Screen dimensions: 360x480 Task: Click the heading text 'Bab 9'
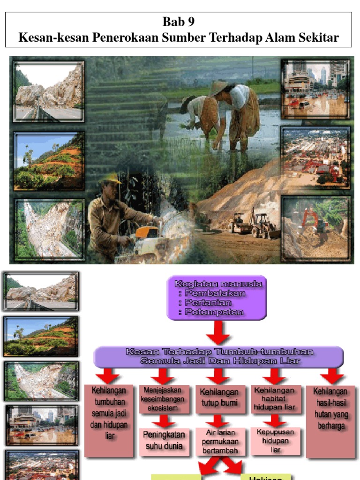[178, 22]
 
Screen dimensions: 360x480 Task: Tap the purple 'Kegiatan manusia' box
[217, 298]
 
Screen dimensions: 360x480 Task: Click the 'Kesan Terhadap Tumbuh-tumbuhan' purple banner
[218, 356]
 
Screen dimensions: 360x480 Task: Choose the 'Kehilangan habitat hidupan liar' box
[275, 398]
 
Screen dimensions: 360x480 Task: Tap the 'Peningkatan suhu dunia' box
[164, 440]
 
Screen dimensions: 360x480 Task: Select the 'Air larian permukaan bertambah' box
[219, 441]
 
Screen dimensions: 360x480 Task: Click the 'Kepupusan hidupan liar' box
[275, 440]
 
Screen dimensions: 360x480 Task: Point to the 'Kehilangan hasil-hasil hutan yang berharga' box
[330, 408]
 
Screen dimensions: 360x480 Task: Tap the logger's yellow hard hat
[111, 178]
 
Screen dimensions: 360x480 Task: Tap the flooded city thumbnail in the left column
[41, 425]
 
